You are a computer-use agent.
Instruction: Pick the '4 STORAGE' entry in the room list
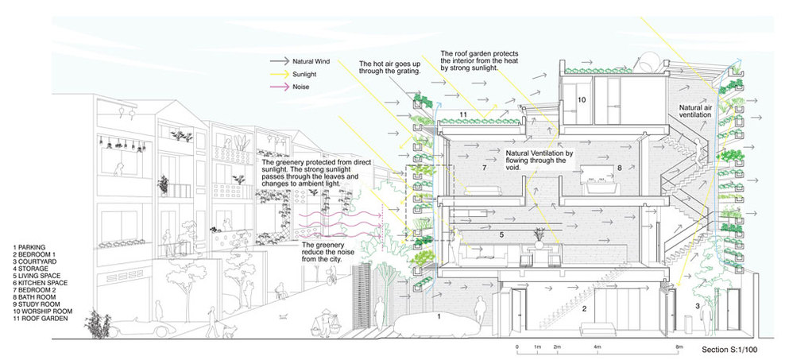coord(29,269)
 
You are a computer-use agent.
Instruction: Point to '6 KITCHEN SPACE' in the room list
coord(40,283)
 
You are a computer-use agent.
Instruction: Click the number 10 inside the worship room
coord(582,100)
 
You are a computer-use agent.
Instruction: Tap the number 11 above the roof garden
coord(462,115)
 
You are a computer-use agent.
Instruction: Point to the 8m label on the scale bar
coord(678,348)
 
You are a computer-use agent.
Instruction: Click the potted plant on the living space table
coord(540,236)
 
